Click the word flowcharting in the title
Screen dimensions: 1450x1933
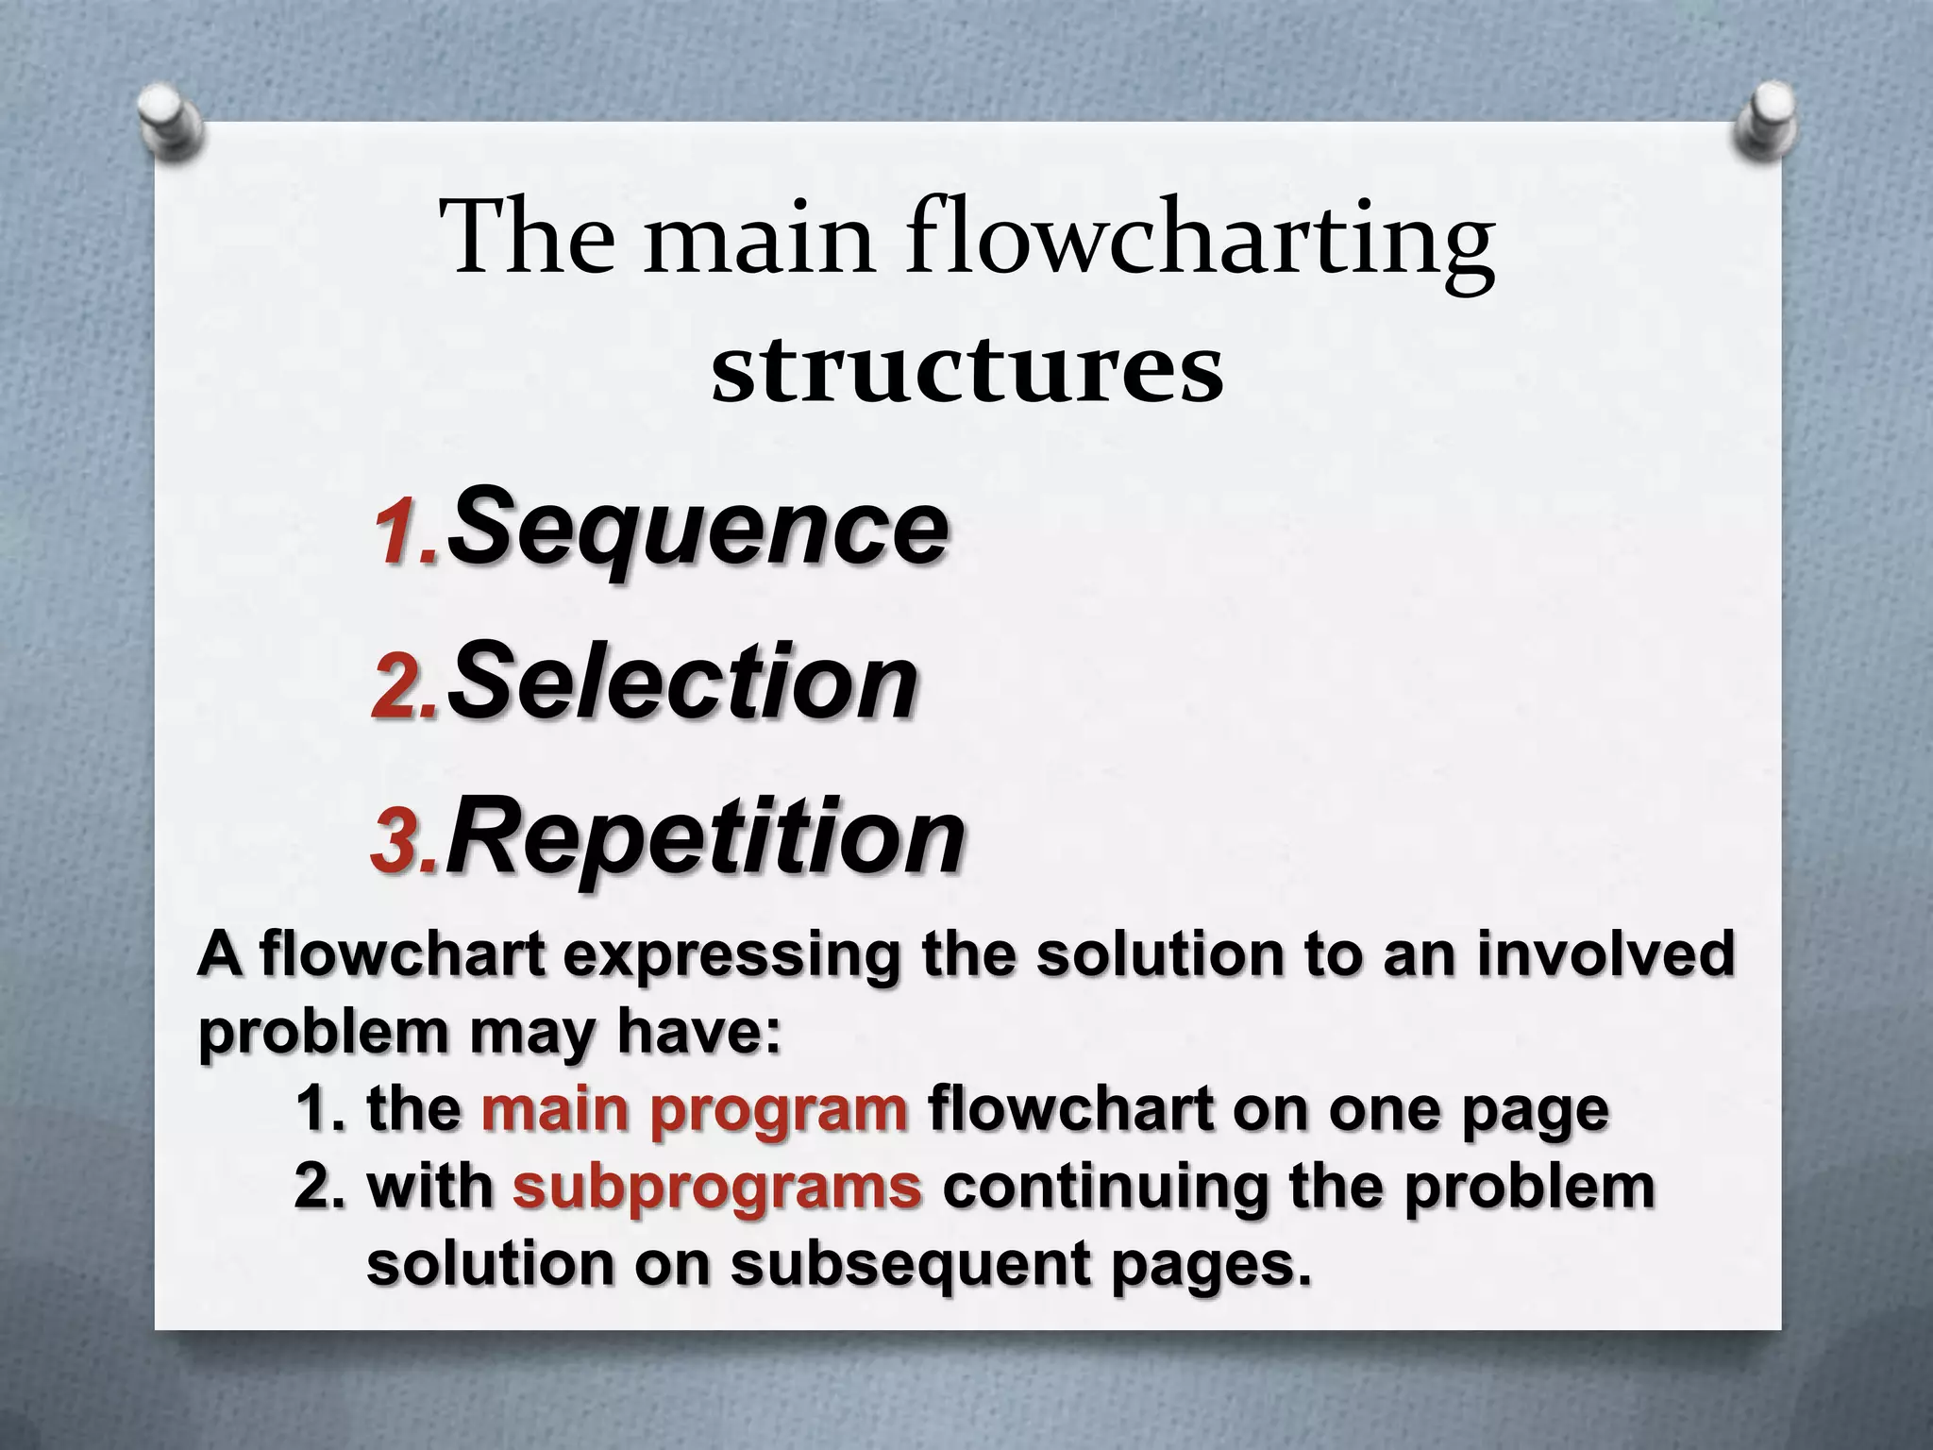[1201, 244]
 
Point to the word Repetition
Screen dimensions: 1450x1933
[705, 835]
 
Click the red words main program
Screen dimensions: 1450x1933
[695, 1110]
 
